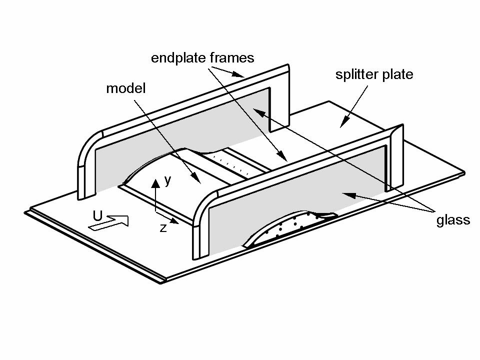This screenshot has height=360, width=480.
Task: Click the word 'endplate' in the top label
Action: (x=179, y=58)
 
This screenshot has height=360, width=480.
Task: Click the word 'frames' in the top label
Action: (x=232, y=57)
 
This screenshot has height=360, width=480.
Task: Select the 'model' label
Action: (x=126, y=88)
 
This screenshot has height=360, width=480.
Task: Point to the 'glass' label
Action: (x=453, y=220)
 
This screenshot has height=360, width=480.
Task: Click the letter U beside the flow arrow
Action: (x=97, y=216)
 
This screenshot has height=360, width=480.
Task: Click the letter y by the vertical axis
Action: (x=168, y=180)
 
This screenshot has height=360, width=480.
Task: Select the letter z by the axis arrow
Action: (x=163, y=228)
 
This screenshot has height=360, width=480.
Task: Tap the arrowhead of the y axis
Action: (x=155, y=183)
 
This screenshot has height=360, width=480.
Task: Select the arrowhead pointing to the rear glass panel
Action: (x=258, y=112)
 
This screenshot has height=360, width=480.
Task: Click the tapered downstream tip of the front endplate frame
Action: (x=397, y=130)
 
